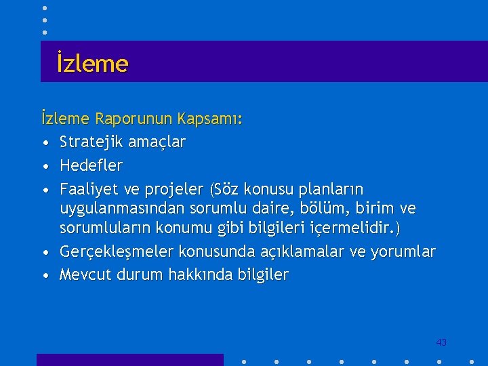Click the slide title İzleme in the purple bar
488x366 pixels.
[92, 64]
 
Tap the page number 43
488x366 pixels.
[441, 342]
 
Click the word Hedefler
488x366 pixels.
[91, 165]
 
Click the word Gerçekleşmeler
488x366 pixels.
[116, 252]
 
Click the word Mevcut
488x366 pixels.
[85, 274]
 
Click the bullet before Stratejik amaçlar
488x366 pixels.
[44, 143]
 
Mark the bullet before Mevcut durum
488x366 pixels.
[44, 276]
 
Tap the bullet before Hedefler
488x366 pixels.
[44, 166]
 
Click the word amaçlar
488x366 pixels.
[159, 142]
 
